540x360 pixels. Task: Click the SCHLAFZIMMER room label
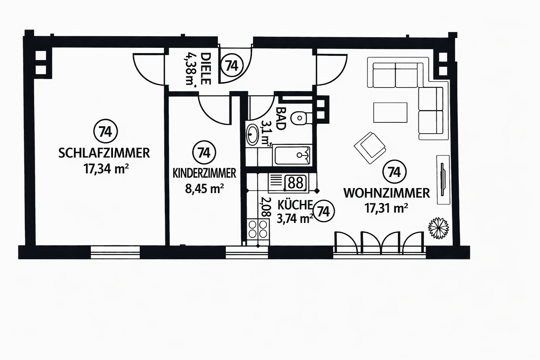104,153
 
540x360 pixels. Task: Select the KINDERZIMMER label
204,173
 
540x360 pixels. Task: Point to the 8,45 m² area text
204,189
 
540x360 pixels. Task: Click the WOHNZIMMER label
387,193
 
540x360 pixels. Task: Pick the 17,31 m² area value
386,208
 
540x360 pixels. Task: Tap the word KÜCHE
295,204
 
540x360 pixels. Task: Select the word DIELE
205,69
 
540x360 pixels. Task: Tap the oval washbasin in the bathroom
253,134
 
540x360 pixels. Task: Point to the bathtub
292,155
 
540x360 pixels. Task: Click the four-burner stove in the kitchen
258,229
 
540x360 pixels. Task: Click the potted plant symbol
438,228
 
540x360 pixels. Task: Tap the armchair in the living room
370,148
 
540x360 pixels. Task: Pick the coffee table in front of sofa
390,112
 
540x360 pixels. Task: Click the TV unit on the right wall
443,179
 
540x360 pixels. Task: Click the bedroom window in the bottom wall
115,252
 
